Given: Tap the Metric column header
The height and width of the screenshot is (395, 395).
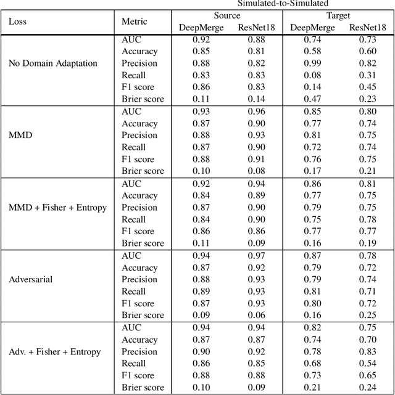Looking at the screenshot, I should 135,21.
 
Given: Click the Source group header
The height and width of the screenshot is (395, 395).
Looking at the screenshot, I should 227,15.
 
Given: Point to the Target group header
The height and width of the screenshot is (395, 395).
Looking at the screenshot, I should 338,15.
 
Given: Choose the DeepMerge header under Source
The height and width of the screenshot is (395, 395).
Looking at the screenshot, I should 201,27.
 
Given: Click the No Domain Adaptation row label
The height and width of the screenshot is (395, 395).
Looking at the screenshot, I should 53,63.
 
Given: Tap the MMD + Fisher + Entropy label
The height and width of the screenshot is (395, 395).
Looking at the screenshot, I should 57,207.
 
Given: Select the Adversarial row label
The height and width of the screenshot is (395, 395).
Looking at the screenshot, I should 31,279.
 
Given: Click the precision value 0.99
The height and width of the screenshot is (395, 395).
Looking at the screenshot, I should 312,63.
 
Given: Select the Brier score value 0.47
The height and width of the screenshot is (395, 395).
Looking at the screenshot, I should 312,99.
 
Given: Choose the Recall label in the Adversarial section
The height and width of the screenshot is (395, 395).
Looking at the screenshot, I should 134,291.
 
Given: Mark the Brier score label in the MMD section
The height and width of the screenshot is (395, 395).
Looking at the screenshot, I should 143,171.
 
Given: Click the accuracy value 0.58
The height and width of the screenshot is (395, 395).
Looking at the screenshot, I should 312,51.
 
